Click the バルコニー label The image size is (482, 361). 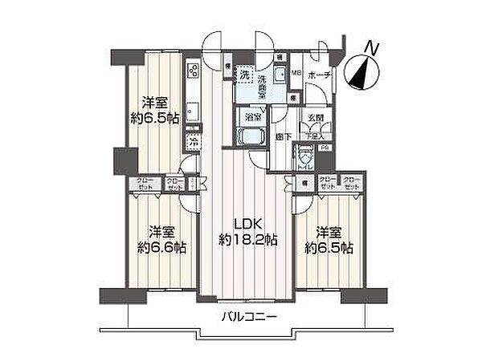249,317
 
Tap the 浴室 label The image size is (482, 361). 251,116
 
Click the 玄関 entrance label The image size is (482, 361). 316,118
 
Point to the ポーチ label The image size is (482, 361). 319,74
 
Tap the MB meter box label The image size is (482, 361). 296,74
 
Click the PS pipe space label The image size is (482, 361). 325,148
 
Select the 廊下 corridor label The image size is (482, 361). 280,137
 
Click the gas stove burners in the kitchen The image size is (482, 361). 193,72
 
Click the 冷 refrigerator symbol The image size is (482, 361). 194,141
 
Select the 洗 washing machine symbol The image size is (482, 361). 244,75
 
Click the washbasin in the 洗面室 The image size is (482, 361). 278,75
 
